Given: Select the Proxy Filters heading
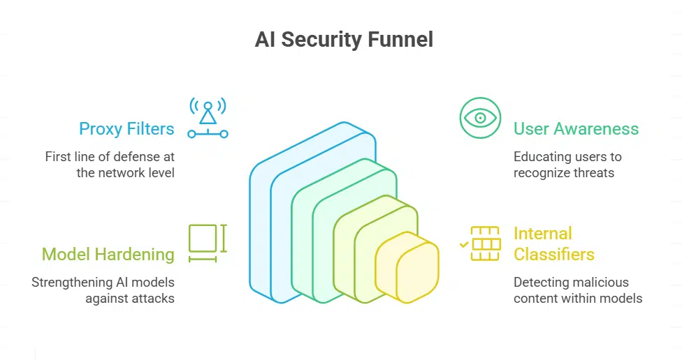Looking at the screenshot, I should (x=126, y=129).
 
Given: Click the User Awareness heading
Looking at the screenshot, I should (x=576, y=129).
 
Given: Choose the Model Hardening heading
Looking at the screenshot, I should (x=108, y=255).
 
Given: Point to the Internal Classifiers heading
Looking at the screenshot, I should (x=553, y=243).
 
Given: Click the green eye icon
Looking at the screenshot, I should (x=481, y=117).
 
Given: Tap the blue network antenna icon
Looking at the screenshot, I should (x=208, y=117).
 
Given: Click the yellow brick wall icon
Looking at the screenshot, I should (x=486, y=243).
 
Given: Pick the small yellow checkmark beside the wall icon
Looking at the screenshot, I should (x=463, y=245).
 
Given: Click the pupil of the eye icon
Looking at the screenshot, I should (x=481, y=117).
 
